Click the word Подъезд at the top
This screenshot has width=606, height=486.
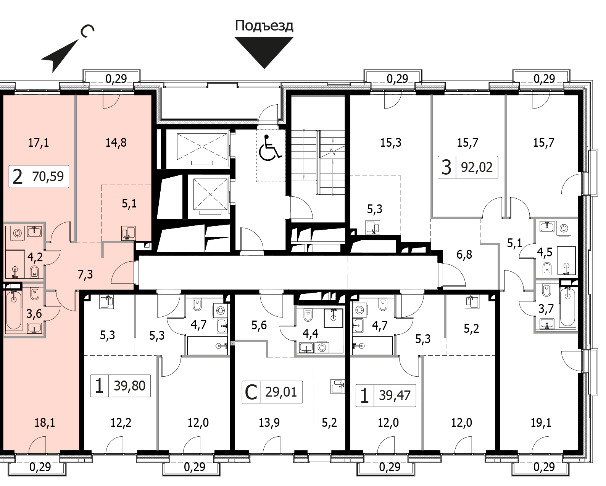click(264, 26)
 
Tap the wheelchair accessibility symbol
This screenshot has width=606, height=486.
click(270, 148)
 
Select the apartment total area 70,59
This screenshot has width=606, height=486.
click(48, 177)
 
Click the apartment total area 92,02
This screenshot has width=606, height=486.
click(477, 167)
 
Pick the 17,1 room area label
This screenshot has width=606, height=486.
click(38, 143)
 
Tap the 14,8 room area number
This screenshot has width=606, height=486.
click(116, 143)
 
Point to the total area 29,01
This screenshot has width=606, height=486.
click(281, 392)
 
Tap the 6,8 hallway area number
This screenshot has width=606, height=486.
click(464, 254)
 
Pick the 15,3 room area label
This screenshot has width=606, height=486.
click(390, 143)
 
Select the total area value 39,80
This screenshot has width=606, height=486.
click(129, 386)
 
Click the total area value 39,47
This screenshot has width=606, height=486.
click(395, 395)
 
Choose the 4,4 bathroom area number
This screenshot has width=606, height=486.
click(310, 334)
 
